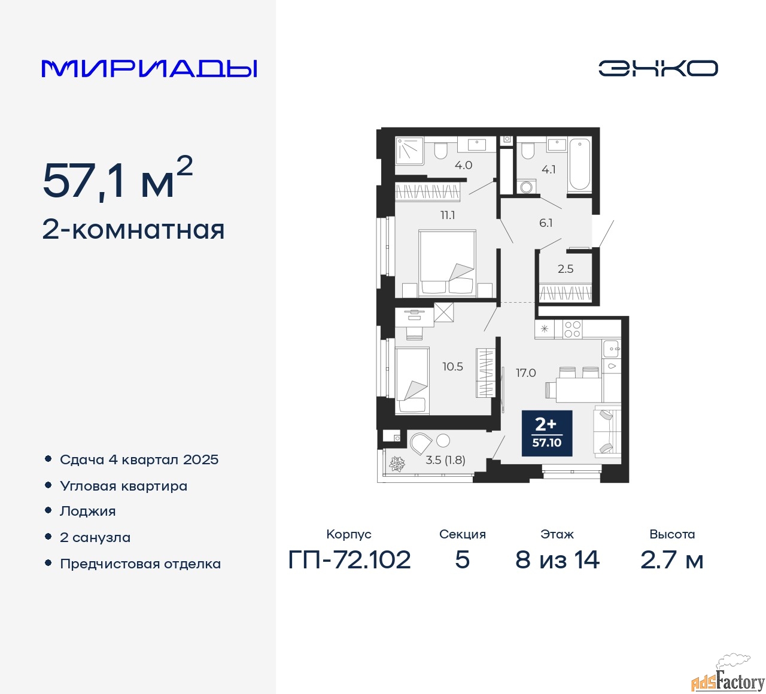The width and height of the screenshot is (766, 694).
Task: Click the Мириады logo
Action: (150, 69)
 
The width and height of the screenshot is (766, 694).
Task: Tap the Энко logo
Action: (658, 68)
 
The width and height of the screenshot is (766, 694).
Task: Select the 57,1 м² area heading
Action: (117, 179)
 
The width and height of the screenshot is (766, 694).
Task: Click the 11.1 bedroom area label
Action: (448, 215)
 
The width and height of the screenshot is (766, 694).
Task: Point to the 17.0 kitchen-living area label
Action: (525, 373)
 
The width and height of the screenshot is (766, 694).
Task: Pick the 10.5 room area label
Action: (452, 367)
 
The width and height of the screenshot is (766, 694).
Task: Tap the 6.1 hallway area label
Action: (546, 223)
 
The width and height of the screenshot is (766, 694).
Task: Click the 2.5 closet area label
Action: (566, 269)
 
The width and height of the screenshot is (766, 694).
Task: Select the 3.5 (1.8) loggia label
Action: (445, 460)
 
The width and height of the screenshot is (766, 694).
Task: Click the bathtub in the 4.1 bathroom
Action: (579, 165)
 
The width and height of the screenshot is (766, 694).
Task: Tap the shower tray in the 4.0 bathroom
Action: (410, 150)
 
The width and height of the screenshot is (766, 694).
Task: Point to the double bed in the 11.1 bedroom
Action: (448, 263)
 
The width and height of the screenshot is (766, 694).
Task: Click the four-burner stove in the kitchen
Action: (572, 329)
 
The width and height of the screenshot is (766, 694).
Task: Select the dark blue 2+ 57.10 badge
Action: (547, 433)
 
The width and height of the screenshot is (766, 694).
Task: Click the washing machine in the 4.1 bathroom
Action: (527, 187)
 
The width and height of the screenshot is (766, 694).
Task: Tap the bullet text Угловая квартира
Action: (124, 486)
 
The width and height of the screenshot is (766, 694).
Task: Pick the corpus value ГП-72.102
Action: (349, 560)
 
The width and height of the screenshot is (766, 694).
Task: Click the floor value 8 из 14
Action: (557, 560)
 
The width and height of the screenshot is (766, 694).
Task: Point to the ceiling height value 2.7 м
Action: (672, 560)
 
